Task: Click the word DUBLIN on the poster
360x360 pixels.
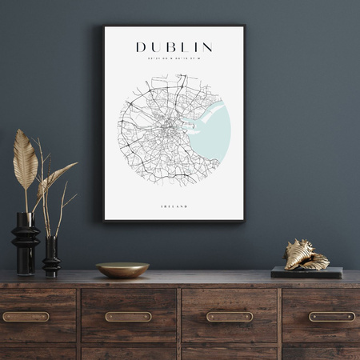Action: click(x=174, y=47)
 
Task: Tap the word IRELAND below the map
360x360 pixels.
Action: click(x=174, y=206)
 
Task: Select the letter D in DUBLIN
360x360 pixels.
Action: click(x=141, y=47)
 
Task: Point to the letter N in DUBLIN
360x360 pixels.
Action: click(x=207, y=47)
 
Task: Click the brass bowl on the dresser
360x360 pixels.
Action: click(x=122, y=270)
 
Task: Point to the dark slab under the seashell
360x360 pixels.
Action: click(x=306, y=273)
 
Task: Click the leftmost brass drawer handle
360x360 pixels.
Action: click(x=26, y=317)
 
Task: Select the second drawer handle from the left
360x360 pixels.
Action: click(x=128, y=317)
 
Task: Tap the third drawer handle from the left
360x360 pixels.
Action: click(x=230, y=317)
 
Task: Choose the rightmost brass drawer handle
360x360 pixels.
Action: click(x=331, y=317)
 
